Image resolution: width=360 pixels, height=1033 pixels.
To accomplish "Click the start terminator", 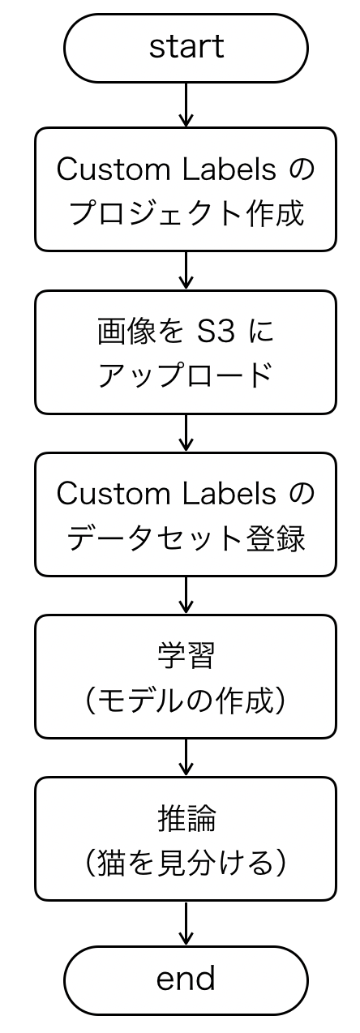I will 186,48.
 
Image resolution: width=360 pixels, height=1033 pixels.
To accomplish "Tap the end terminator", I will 186,979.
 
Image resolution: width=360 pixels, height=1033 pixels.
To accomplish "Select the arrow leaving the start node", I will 186,105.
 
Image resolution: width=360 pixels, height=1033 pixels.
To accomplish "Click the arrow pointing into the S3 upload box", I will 186,270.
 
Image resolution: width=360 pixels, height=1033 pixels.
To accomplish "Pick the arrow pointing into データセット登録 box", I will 186,433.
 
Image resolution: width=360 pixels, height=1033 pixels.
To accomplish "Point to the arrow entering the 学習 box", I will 186,595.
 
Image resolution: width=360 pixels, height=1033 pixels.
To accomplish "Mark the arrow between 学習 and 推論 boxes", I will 186,757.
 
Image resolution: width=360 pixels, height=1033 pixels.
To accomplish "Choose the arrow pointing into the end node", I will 186,923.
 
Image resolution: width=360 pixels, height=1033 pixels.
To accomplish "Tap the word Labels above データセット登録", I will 234,494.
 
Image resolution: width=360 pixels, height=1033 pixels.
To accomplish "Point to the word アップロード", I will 186,375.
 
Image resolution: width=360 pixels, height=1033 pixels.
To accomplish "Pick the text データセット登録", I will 186,538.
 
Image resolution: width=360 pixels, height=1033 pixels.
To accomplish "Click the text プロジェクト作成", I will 186,213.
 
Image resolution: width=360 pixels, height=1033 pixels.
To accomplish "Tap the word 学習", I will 186,656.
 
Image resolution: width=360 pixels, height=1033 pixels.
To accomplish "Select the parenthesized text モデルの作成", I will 186,700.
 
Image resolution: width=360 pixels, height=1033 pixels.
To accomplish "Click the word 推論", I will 186,818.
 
